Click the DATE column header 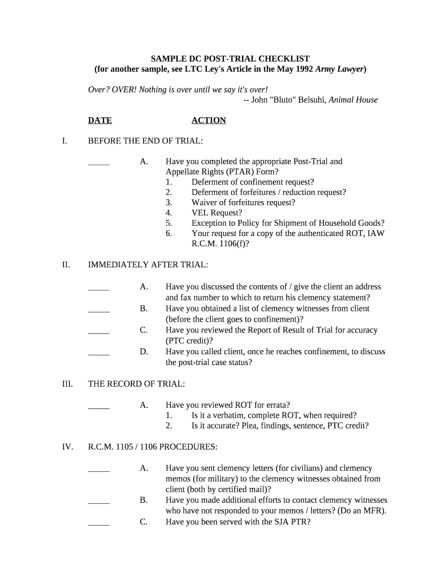pos(99,121)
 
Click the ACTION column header pos(209,121)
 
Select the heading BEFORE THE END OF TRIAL pos(145,141)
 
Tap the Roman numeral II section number pos(66,265)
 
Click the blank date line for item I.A pos(99,164)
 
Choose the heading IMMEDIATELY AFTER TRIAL pos(148,265)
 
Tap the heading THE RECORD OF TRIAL pos(137,384)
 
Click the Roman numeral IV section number pos(67,447)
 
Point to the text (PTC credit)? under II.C pos(193,341)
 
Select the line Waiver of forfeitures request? pos(243,203)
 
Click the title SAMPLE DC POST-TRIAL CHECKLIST pos(230,59)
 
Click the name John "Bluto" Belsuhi pos(289,100)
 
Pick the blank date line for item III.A pos(99,407)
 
